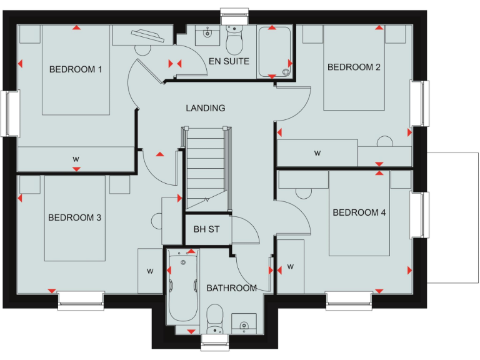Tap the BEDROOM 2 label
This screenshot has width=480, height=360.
(354, 67)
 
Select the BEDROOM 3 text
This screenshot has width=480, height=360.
(75, 217)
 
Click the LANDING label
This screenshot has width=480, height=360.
(205, 108)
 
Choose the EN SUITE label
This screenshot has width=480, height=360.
(230, 61)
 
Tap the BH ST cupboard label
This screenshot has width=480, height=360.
(206, 229)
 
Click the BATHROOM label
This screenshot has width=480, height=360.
(231, 288)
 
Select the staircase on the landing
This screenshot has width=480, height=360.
(205, 166)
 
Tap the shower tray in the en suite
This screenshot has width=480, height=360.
(274, 52)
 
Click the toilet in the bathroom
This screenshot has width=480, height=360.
(214, 319)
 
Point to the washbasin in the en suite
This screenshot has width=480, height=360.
(206, 36)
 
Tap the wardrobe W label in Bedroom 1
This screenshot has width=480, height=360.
(76, 158)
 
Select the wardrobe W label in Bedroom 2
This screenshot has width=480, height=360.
(317, 152)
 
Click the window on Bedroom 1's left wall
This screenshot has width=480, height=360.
(11, 112)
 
